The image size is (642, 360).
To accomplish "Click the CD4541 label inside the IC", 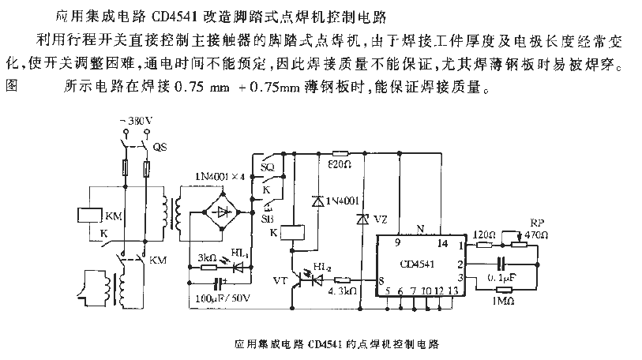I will click(x=419, y=265).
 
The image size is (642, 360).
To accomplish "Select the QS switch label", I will click(x=160, y=147).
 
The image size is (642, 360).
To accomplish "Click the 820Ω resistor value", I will click(x=340, y=165).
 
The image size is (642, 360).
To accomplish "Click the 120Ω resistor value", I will click(x=485, y=235).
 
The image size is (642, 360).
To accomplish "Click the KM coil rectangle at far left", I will click(x=87, y=215).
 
